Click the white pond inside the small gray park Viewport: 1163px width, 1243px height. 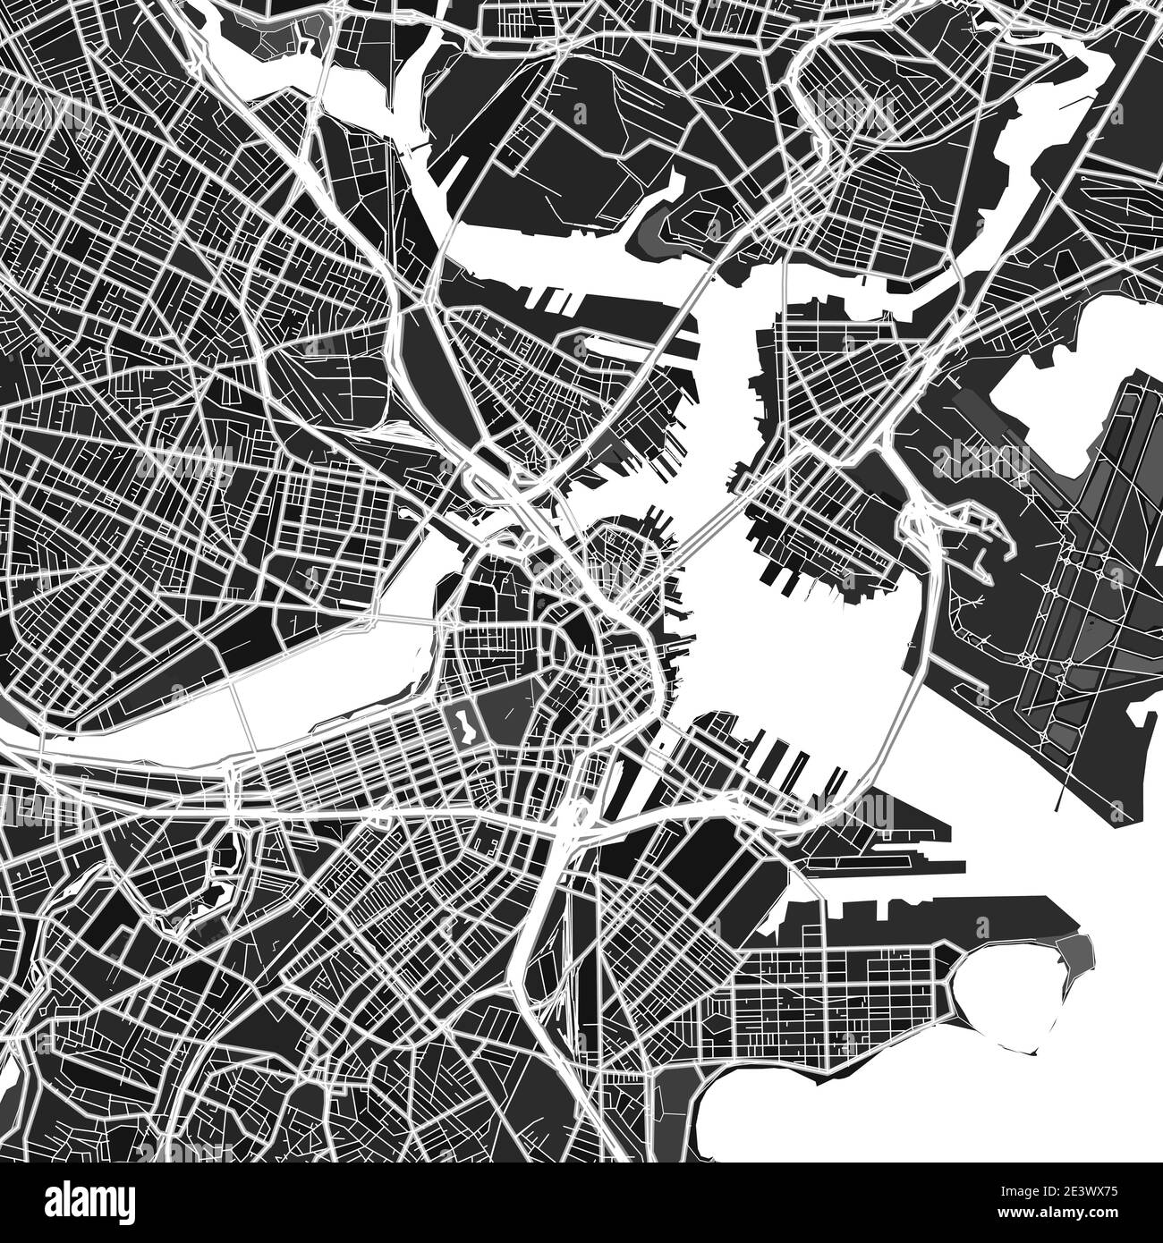[465, 726]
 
